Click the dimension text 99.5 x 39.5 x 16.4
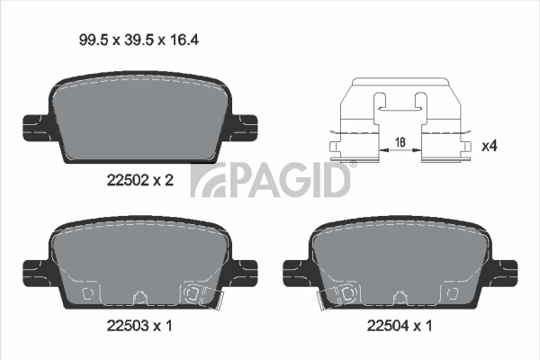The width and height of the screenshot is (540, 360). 139,40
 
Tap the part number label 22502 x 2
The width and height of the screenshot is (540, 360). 140,180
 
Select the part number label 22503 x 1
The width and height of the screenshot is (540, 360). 139,326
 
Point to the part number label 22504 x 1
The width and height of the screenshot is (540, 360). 400,326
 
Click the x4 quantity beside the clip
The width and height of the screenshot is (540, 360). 490,146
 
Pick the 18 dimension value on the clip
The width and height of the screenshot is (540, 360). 400,142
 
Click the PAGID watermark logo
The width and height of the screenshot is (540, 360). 270,179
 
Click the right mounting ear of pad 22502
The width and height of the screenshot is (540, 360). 244,128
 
